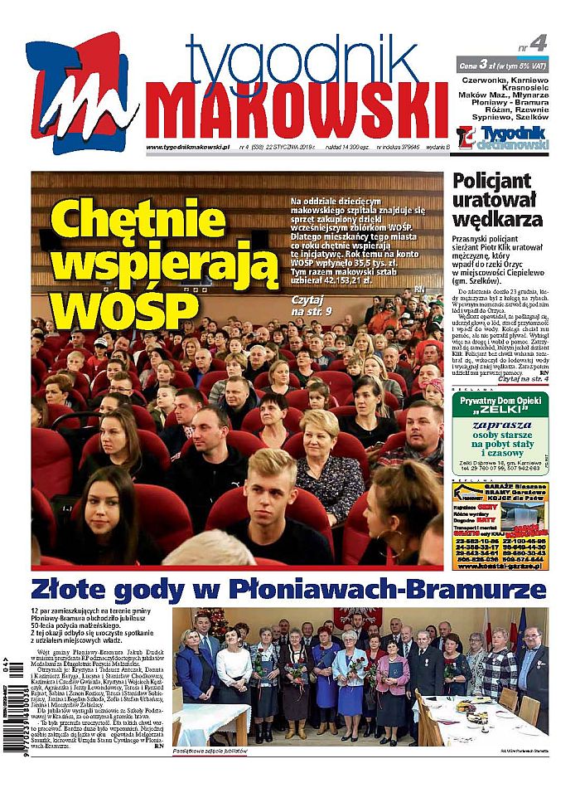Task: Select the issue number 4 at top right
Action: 538,43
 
